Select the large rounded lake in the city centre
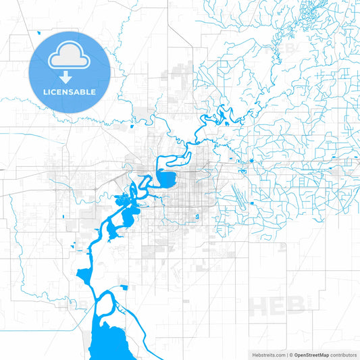click(166, 179)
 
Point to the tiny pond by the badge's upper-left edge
click(41, 31)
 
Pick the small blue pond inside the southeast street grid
click(196, 217)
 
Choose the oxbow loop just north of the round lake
click(169, 161)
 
